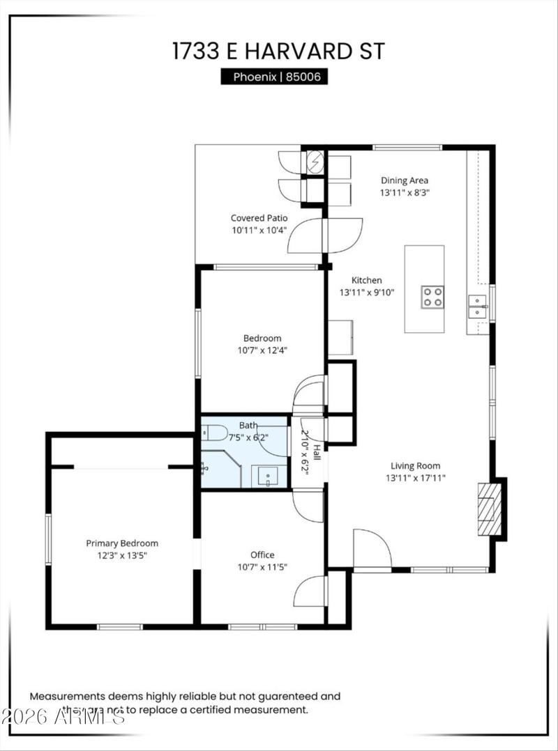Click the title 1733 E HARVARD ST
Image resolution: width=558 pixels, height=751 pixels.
(x=278, y=52)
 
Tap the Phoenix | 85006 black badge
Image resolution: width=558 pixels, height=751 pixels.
(x=274, y=77)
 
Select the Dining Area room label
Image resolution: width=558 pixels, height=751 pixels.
(x=405, y=180)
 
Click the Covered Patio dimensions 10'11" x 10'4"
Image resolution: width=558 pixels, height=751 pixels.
(x=259, y=229)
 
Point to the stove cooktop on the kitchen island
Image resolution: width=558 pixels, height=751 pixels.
(x=432, y=297)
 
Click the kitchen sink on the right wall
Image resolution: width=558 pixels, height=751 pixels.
(x=478, y=306)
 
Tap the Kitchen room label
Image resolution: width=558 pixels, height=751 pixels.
(x=366, y=280)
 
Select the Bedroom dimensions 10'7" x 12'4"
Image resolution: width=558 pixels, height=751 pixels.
(x=262, y=350)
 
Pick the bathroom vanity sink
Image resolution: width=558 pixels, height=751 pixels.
(x=269, y=477)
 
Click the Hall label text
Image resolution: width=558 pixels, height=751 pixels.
(x=317, y=452)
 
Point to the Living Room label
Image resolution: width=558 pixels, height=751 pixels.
(x=415, y=466)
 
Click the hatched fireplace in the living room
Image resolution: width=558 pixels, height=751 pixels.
(x=488, y=509)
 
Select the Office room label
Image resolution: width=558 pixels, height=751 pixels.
(x=262, y=555)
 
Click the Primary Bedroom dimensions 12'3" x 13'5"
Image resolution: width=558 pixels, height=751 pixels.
(x=122, y=555)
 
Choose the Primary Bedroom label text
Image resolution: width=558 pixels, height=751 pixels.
(x=122, y=543)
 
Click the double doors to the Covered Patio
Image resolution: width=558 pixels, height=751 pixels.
(x=325, y=235)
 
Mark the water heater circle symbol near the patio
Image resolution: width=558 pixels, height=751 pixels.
(x=315, y=163)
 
